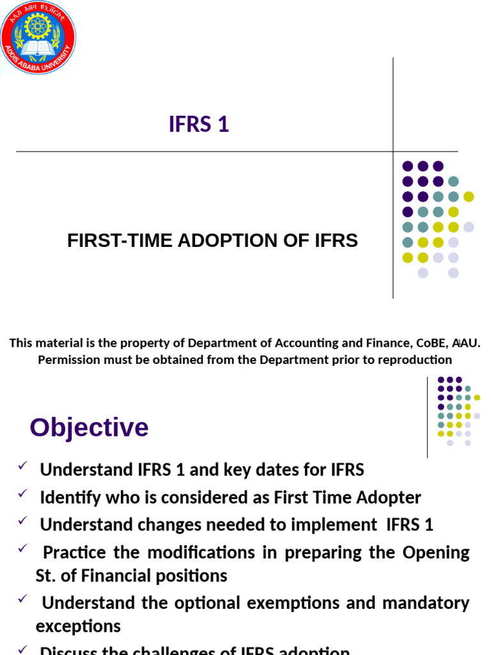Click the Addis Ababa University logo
tap(38, 37)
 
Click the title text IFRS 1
tap(199, 125)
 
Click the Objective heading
tap(89, 427)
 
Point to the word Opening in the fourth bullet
tap(436, 553)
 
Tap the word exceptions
tap(78, 626)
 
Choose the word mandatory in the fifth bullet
tap(428, 603)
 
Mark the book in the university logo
tap(38, 48)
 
